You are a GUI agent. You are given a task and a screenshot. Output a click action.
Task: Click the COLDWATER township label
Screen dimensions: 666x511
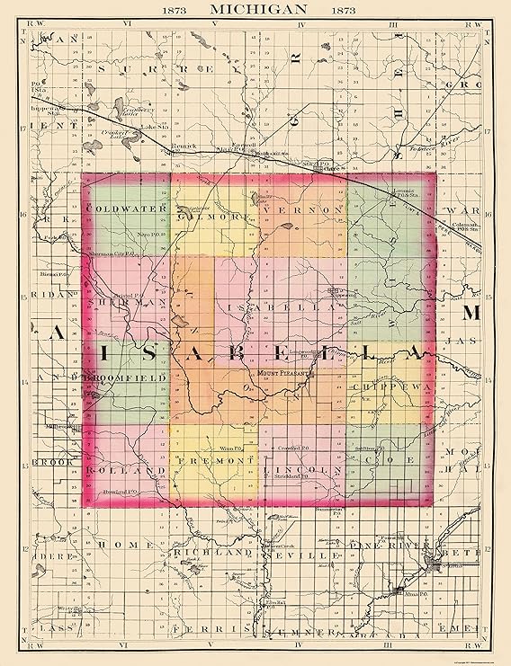[x=115, y=209]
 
